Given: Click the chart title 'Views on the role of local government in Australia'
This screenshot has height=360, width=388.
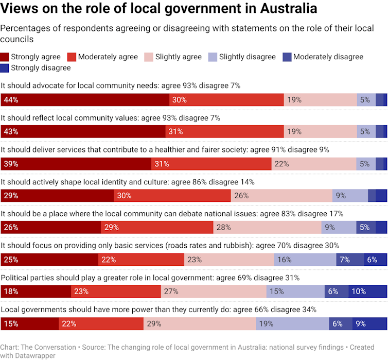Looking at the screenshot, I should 158,9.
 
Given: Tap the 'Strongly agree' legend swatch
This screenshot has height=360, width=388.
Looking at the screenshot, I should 5,57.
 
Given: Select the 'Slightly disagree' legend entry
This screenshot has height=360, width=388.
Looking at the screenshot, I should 242,57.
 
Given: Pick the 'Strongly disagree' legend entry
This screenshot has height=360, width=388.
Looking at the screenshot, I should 36,67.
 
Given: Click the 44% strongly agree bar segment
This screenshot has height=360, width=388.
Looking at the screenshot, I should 85,100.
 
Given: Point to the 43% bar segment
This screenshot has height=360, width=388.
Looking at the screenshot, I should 83,131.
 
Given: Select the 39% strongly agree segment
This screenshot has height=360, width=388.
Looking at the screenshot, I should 76,164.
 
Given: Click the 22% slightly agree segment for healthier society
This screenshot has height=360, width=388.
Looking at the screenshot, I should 314,164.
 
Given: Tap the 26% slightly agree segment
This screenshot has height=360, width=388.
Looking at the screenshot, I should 281,196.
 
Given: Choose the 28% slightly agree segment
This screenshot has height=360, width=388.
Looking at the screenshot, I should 267,228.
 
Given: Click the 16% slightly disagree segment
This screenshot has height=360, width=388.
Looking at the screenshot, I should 305,260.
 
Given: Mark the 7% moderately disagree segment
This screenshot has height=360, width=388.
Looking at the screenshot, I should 350,260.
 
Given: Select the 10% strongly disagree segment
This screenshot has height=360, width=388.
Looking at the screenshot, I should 367,292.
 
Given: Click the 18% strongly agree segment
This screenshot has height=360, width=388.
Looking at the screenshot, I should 36,292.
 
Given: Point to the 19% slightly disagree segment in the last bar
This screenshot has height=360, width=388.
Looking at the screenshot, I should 293,324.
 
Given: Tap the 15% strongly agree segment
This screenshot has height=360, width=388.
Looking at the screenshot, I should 29,324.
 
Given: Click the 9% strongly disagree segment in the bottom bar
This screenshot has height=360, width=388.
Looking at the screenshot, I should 369,324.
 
